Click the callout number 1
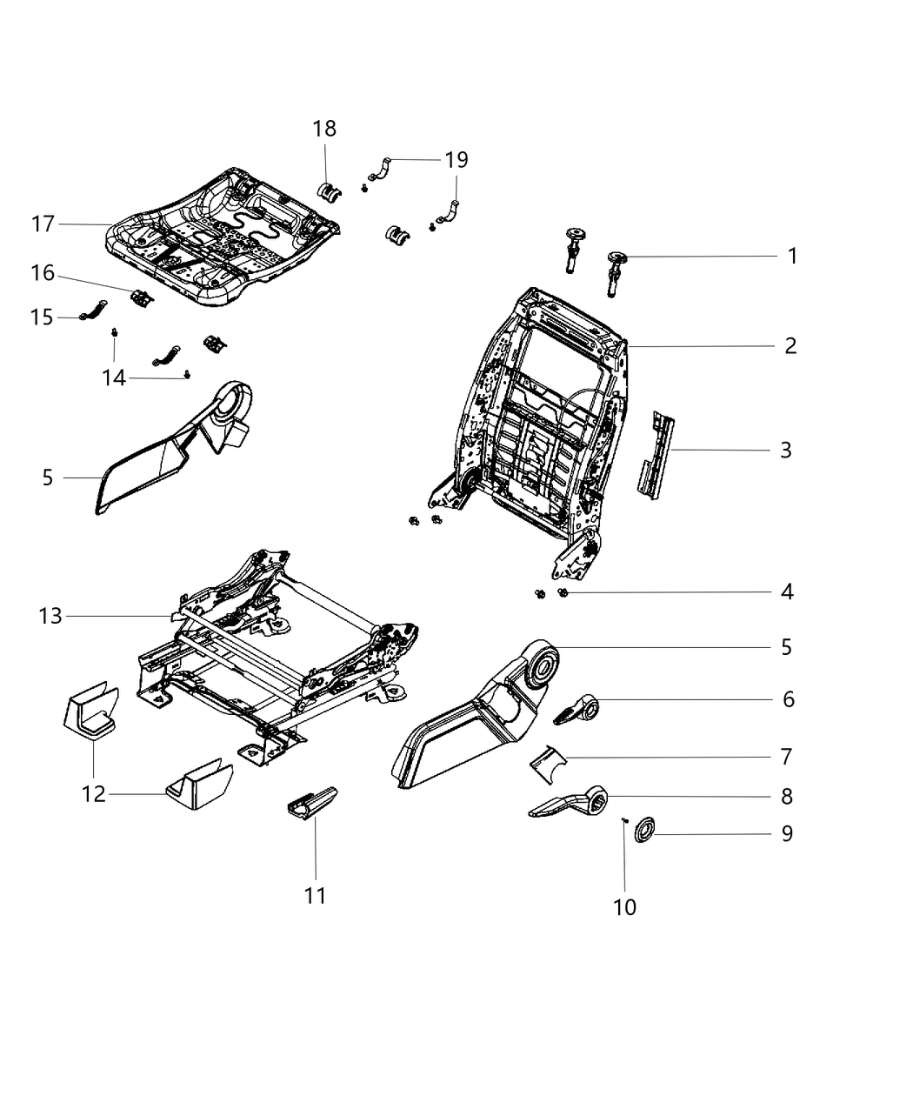(x=791, y=256)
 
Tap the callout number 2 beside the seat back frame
(x=790, y=346)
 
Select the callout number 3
(x=785, y=450)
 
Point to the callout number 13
(x=50, y=617)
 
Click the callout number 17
(x=43, y=224)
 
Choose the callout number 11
(x=315, y=895)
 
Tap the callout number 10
(x=624, y=907)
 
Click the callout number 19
(x=456, y=160)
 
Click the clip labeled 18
(x=330, y=190)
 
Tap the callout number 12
(x=94, y=793)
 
